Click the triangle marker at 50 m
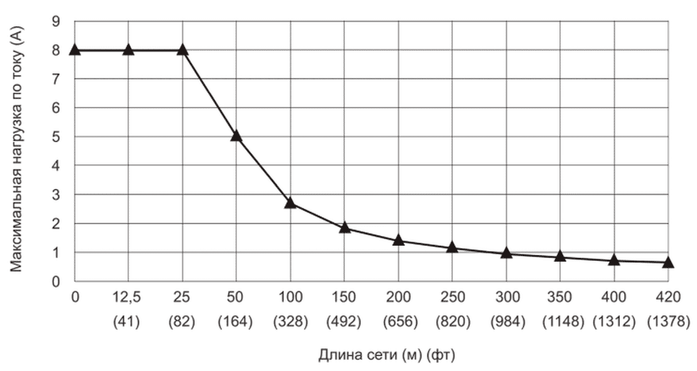pos(236,135)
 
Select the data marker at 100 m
pos(290,202)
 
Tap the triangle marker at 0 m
pos(74,49)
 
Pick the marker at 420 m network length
pos(668,262)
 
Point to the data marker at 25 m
pos(183,49)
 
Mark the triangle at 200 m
pos(398,240)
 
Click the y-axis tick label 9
pos(57,21)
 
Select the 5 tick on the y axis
pos(57,137)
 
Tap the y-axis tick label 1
pos(57,253)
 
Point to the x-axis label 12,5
pos(128,299)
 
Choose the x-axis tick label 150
pos(344,299)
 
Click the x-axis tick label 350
pos(560,299)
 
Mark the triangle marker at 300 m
pos(506,253)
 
